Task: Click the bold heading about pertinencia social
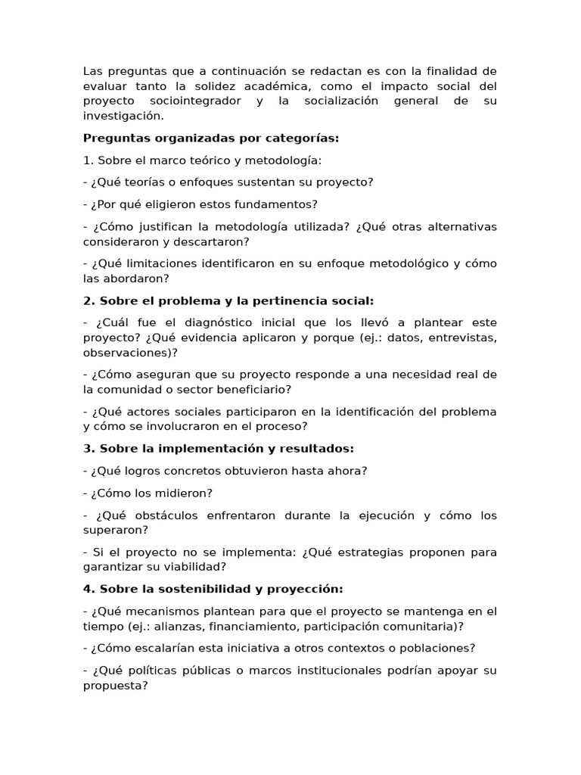(228, 300)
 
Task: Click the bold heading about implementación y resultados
(219, 449)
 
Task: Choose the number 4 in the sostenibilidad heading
(87, 589)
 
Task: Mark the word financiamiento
(253, 626)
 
